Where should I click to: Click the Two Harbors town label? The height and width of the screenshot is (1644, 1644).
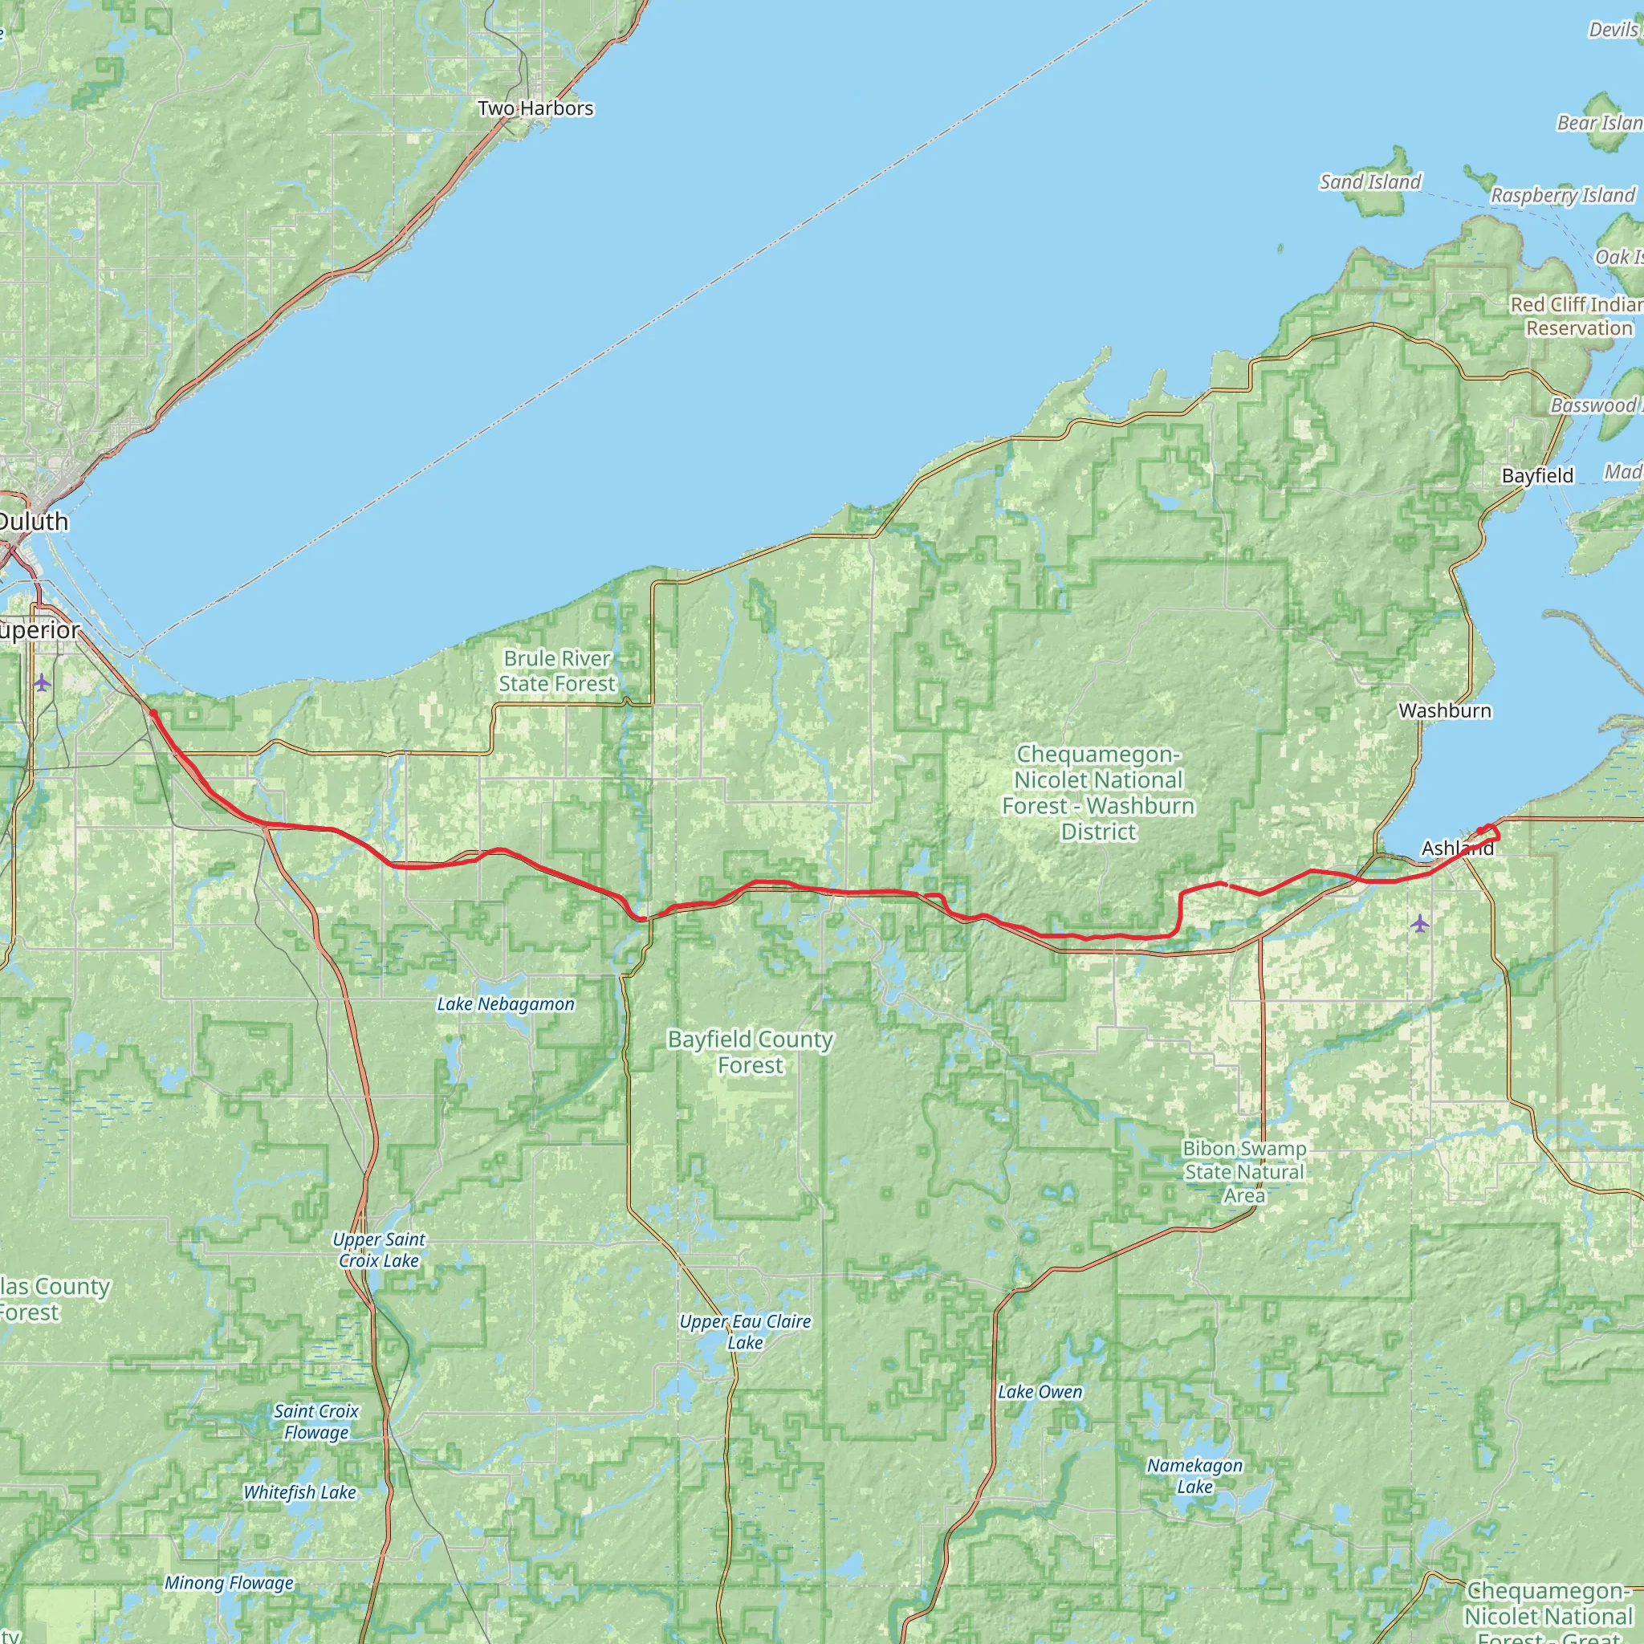point(535,108)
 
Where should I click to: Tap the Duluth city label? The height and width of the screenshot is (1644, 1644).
point(32,522)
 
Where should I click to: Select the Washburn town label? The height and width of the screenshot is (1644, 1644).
point(1445,710)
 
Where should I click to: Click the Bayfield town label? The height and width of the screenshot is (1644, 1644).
point(1537,476)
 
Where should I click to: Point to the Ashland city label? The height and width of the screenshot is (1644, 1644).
point(1458,848)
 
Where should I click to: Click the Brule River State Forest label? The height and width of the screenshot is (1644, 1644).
point(556,670)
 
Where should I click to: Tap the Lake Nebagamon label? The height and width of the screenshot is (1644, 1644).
point(506,1004)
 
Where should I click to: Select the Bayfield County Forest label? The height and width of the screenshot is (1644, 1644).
point(750,1052)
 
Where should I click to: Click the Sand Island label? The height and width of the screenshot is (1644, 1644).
point(1370,182)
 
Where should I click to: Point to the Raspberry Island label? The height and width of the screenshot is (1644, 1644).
point(1562,196)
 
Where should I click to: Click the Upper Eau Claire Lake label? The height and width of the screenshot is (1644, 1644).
point(745,1332)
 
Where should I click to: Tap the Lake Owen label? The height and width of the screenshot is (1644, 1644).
point(1040,1392)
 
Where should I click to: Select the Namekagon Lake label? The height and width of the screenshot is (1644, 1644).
point(1194,1475)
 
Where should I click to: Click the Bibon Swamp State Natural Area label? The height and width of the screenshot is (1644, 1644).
point(1244,1172)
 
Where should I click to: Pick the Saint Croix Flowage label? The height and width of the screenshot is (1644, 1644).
point(315,1421)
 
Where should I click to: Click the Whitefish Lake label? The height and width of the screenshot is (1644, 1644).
point(299,1492)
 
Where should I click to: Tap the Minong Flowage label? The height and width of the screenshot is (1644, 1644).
point(229,1583)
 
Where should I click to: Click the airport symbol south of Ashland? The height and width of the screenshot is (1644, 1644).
point(1419,923)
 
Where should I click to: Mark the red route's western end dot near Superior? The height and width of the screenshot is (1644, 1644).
point(153,713)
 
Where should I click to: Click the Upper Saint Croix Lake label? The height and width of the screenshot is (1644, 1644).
point(379,1250)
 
